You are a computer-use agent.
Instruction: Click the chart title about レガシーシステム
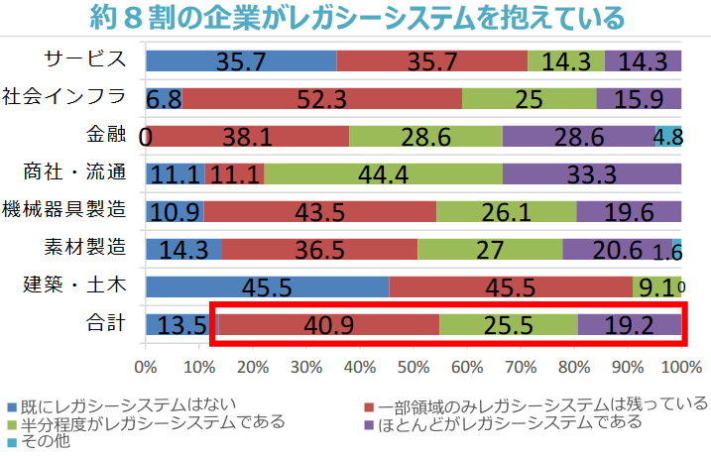(355, 18)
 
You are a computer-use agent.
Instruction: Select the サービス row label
(86, 59)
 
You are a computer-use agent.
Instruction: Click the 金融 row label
(106, 135)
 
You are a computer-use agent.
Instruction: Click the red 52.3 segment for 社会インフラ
(322, 98)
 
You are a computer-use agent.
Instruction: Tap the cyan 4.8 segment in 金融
(668, 136)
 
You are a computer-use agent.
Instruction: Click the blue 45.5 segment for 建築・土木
(267, 287)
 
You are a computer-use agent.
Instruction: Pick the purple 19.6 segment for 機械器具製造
(629, 211)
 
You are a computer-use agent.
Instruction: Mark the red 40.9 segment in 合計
(328, 325)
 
